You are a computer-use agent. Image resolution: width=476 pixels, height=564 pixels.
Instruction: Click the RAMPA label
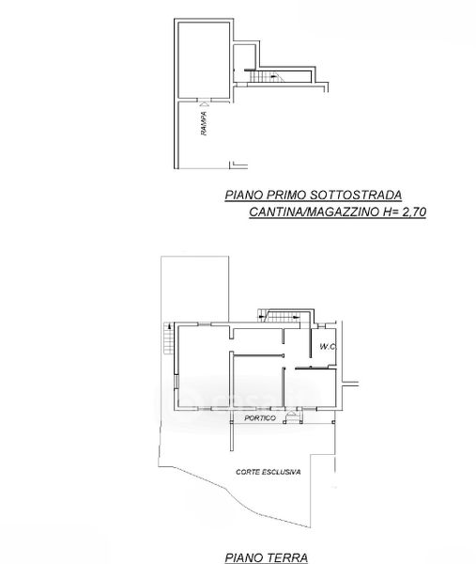(204, 123)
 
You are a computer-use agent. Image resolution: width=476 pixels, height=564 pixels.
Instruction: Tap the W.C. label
(328, 347)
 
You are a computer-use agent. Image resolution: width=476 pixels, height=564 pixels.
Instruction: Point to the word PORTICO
(260, 418)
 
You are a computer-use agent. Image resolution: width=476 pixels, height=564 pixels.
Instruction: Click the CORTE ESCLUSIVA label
(268, 472)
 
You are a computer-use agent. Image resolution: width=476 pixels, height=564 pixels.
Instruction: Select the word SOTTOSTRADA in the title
(356, 195)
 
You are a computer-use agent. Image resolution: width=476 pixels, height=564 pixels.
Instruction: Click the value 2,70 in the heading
(414, 211)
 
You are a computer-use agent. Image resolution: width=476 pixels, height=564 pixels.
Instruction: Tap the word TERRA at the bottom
(286, 557)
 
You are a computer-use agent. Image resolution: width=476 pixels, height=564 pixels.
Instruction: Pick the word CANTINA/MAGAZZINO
(315, 211)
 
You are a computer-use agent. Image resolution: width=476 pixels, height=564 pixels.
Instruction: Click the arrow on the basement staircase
(274, 76)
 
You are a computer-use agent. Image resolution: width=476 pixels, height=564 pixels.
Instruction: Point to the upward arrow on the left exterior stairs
(168, 326)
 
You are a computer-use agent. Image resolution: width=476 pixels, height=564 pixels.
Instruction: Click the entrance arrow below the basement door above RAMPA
(204, 103)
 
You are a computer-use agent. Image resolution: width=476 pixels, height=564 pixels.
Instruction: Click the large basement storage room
(204, 60)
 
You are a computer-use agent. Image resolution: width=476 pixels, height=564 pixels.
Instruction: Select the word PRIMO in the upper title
(286, 195)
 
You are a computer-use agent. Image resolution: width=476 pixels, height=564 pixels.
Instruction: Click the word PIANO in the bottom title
(244, 557)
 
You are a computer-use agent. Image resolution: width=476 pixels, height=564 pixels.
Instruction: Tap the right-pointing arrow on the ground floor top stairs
(296, 318)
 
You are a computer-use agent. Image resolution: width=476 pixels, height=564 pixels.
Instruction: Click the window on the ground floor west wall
(176, 382)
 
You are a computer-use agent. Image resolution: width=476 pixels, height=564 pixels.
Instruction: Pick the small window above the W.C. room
(321, 326)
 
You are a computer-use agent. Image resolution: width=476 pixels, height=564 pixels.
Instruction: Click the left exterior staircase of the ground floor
(168, 338)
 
